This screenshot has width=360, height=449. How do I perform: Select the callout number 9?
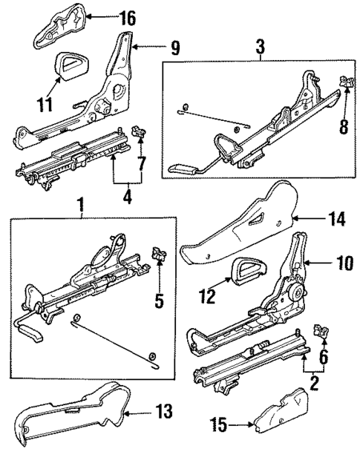click(x=174, y=50)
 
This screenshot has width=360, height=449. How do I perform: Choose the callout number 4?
click(x=128, y=197)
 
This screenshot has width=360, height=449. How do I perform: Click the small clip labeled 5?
click(x=158, y=257)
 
